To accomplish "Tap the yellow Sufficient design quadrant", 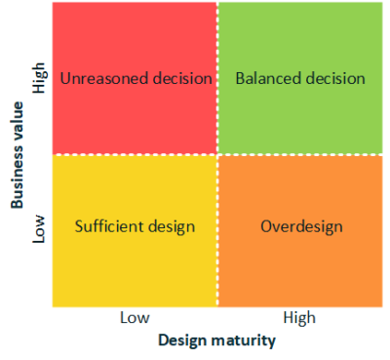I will [x=135, y=263].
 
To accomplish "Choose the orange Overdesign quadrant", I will [x=300, y=263].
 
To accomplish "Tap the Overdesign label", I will [x=301, y=227].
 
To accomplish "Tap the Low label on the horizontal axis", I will [x=135, y=318].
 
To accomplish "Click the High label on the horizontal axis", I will [x=299, y=318].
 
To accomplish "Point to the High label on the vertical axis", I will [x=40, y=79].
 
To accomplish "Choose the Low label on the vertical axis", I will [x=40, y=228].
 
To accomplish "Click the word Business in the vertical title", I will [x=18, y=175].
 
